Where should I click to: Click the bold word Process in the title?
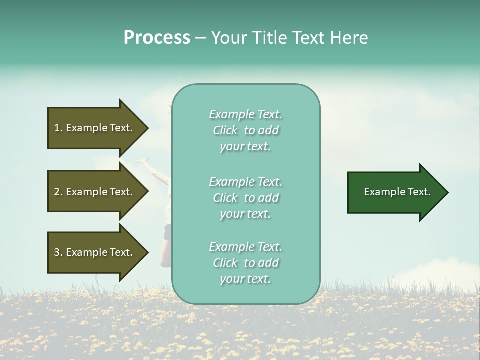coord(157,38)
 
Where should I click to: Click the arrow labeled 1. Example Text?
coord(95,128)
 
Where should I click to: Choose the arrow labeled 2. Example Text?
coord(95,192)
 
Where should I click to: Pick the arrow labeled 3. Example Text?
coord(95,252)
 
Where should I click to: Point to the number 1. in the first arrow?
coord(58,128)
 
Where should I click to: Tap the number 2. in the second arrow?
coord(58,192)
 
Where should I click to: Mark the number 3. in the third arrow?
coord(58,252)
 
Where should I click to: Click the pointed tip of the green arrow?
coord(446,192)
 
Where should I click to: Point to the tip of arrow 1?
coord(147,128)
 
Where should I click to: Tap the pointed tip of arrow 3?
coord(147,252)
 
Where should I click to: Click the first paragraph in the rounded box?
coord(245,130)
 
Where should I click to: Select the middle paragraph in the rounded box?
coord(245,198)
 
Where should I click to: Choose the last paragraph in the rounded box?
coord(245,263)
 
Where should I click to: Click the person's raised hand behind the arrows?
coord(144,161)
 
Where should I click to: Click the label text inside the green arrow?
coord(397,192)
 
